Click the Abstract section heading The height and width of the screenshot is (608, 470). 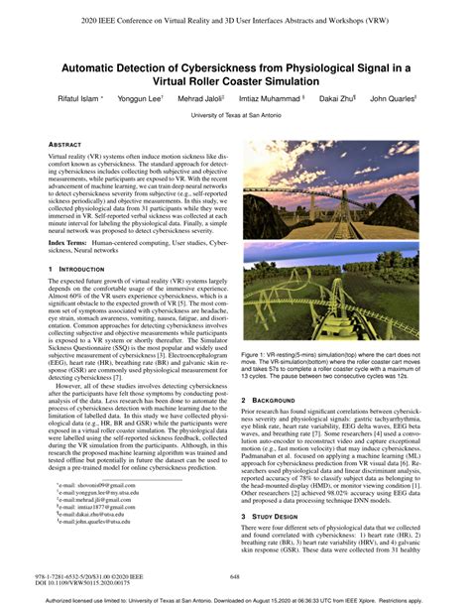click(x=62, y=145)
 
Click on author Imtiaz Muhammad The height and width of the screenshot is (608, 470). click(x=271, y=100)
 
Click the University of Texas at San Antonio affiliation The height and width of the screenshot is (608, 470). click(x=234, y=116)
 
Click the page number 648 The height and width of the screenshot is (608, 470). click(x=235, y=576)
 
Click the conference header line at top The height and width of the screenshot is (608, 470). click(x=235, y=19)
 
